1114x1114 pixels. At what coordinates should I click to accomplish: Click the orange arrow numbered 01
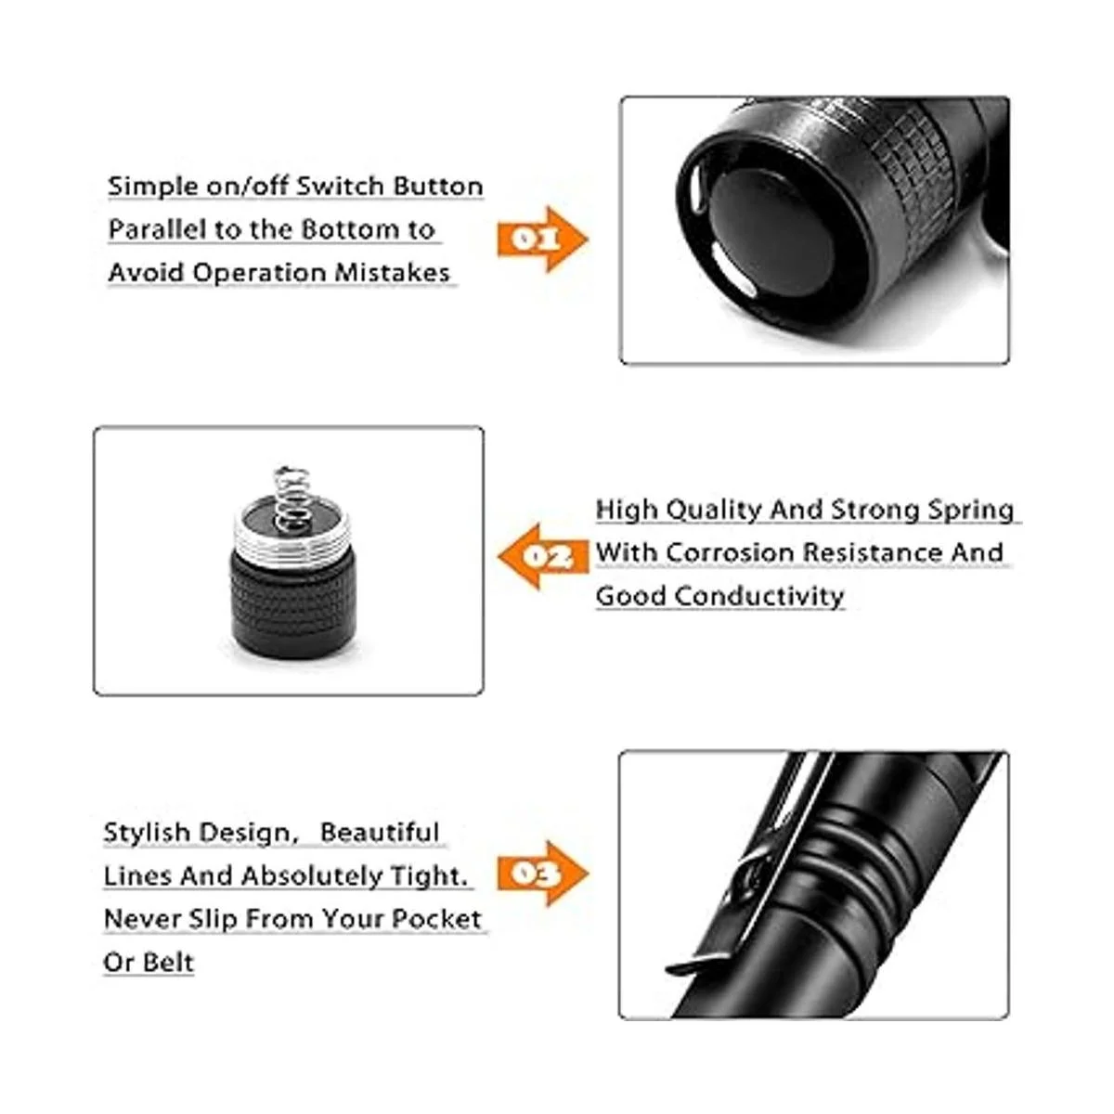click(542, 239)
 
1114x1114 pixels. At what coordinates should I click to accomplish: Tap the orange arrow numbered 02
click(543, 557)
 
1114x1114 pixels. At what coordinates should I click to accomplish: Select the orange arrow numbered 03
click(542, 874)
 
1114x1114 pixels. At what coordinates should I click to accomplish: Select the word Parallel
click(157, 230)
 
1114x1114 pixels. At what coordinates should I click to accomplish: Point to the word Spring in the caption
click(971, 511)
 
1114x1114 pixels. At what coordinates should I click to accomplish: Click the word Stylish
click(148, 833)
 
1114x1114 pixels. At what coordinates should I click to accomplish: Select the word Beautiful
click(380, 833)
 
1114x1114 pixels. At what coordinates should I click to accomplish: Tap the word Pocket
click(436, 919)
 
